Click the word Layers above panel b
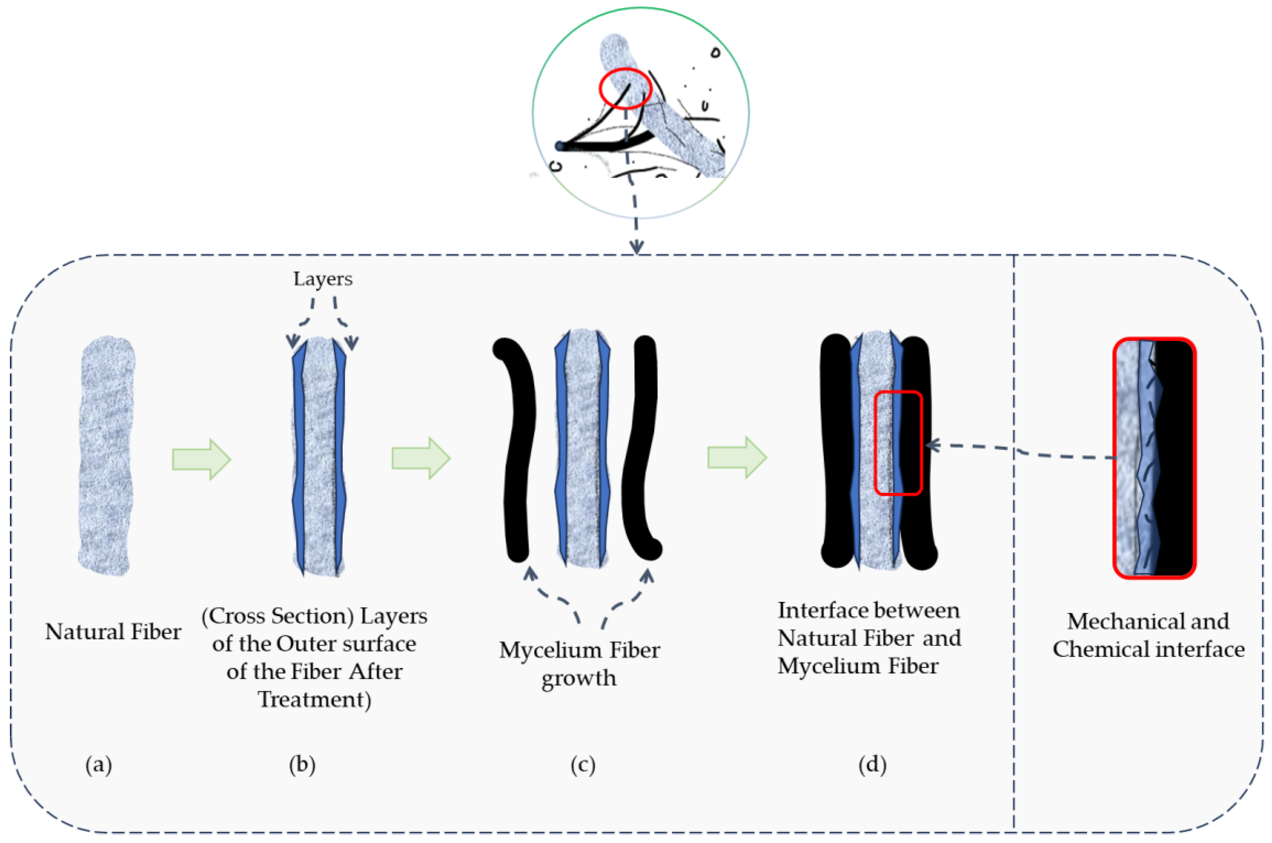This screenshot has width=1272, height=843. (x=322, y=279)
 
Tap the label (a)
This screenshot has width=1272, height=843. (x=98, y=764)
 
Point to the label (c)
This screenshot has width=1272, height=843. (x=583, y=764)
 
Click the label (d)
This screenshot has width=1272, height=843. (x=872, y=764)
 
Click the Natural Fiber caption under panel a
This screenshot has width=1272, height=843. (x=113, y=632)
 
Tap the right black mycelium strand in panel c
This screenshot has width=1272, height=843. (x=642, y=452)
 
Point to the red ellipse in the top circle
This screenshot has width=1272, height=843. (x=625, y=88)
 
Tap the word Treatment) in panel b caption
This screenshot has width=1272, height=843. (x=314, y=700)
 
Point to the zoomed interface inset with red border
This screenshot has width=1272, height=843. (x=1154, y=458)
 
